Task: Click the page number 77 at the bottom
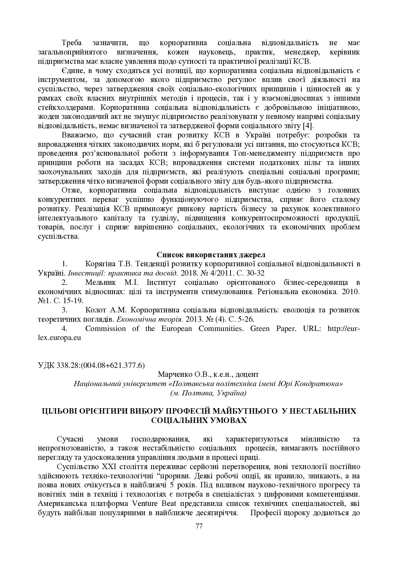coord(199,526)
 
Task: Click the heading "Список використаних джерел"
coord(211,255)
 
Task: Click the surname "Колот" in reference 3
coord(95,310)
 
